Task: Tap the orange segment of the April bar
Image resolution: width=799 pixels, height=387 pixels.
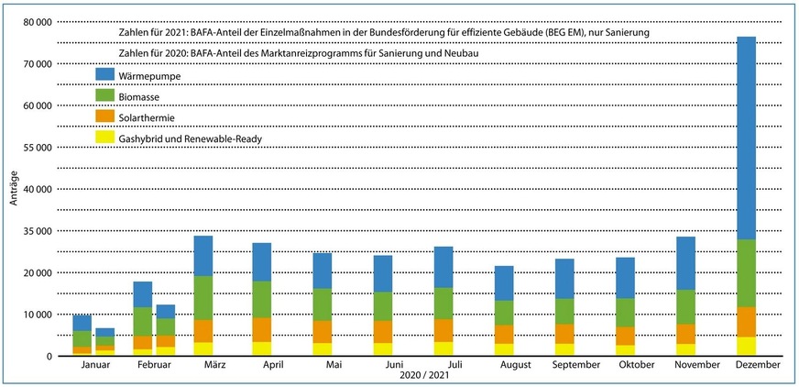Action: click(x=262, y=329)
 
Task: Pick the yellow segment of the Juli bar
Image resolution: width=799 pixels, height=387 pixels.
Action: click(x=443, y=348)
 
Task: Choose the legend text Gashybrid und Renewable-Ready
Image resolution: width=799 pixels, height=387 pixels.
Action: click(x=184, y=138)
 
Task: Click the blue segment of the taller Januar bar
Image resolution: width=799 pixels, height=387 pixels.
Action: click(x=82, y=323)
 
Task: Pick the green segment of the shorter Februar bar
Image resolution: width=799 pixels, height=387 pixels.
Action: click(x=165, y=326)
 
